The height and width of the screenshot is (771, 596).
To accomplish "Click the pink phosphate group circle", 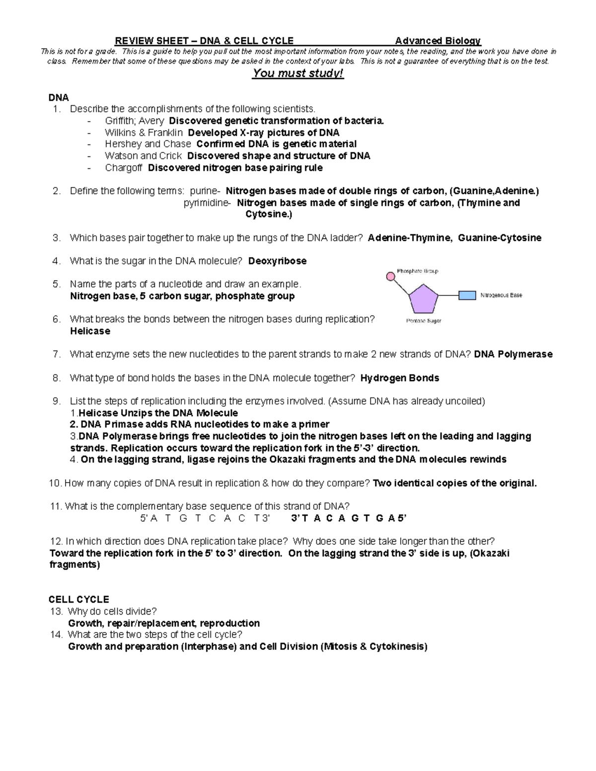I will (391, 276).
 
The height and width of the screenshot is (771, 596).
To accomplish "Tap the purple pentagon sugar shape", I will (423, 298).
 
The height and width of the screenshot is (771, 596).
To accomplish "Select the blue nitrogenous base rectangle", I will (467, 295).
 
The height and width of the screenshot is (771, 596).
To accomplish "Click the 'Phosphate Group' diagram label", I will (417, 271).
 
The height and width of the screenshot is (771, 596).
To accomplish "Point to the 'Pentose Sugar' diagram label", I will (424, 321).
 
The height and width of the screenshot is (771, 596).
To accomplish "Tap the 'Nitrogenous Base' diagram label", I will (501, 295).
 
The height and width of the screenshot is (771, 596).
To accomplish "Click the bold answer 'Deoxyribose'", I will (277, 261).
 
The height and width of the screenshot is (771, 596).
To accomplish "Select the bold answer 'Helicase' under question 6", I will (90, 331).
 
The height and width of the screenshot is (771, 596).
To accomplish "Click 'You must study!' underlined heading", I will (298, 74).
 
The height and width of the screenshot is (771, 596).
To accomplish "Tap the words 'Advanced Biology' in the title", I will (438, 41).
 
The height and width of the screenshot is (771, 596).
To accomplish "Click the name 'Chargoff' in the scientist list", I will (124, 168).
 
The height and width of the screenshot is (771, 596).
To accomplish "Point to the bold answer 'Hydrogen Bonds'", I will (399, 378).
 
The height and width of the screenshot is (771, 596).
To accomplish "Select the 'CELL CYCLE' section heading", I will (78, 599).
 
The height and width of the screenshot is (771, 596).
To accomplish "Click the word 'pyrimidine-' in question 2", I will (207, 203).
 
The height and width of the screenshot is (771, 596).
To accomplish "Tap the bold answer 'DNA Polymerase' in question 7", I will (513, 354).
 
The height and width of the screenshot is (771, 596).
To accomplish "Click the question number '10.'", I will (56, 483).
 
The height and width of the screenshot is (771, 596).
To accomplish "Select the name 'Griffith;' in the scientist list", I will (120, 121).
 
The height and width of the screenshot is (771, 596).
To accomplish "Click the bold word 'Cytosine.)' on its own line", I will (269, 214).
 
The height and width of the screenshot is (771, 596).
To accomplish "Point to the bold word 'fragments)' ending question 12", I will (74, 565).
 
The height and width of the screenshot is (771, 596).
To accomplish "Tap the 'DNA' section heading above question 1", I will (58, 97).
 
